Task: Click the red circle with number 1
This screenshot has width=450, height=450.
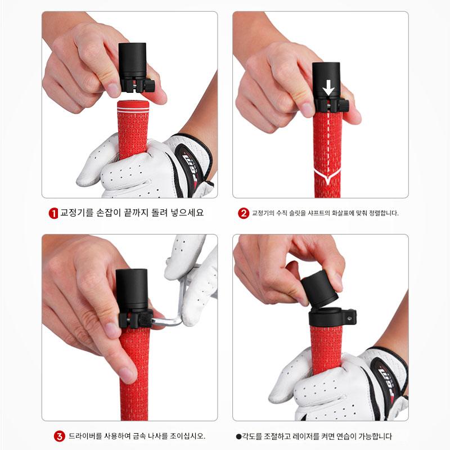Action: click(53, 213)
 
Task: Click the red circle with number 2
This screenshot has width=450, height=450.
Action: click(244, 213)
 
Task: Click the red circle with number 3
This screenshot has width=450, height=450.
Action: click(59, 436)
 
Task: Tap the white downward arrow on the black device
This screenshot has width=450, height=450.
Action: click(328, 88)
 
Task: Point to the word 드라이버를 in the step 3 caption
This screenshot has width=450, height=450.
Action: click(85, 436)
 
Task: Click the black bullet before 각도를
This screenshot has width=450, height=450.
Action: click(238, 437)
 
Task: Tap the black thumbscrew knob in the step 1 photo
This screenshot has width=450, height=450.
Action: click(149, 85)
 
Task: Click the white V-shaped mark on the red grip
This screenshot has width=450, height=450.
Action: click(327, 175)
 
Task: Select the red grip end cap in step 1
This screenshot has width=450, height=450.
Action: click(133, 106)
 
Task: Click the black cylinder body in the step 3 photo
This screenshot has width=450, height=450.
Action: click(132, 289)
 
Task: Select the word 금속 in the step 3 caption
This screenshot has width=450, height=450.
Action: click(139, 436)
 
